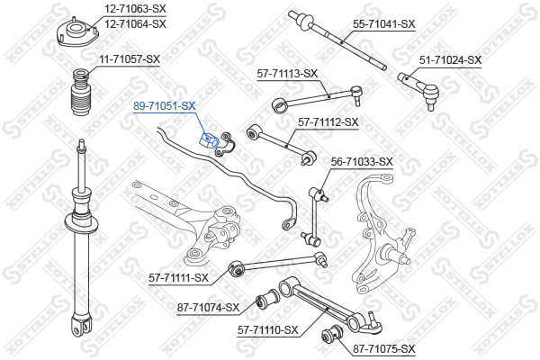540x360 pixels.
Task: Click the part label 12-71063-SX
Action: pyautogui.click(x=135, y=9)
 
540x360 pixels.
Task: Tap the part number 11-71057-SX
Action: pyautogui.click(x=129, y=59)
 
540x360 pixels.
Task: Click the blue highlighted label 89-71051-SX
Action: pyautogui.click(x=164, y=106)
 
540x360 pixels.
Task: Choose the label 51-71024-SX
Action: pyautogui.click(x=451, y=59)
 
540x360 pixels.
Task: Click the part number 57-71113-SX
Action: pyautogui.click(x=287, y=74)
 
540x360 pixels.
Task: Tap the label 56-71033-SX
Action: pyautogui.click(x=362, y=162)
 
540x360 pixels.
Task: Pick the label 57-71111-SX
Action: pyautogui.click(x=179, y=277)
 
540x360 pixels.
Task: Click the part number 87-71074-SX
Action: pyautogui.click(x=210, y=308)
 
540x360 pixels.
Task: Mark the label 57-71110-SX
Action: pyautogui.click(x=267, y=330)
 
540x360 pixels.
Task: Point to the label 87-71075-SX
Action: pyautogui.click(x=384, y=348)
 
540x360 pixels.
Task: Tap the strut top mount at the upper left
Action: pyautogui.click(x=78, y=33)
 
